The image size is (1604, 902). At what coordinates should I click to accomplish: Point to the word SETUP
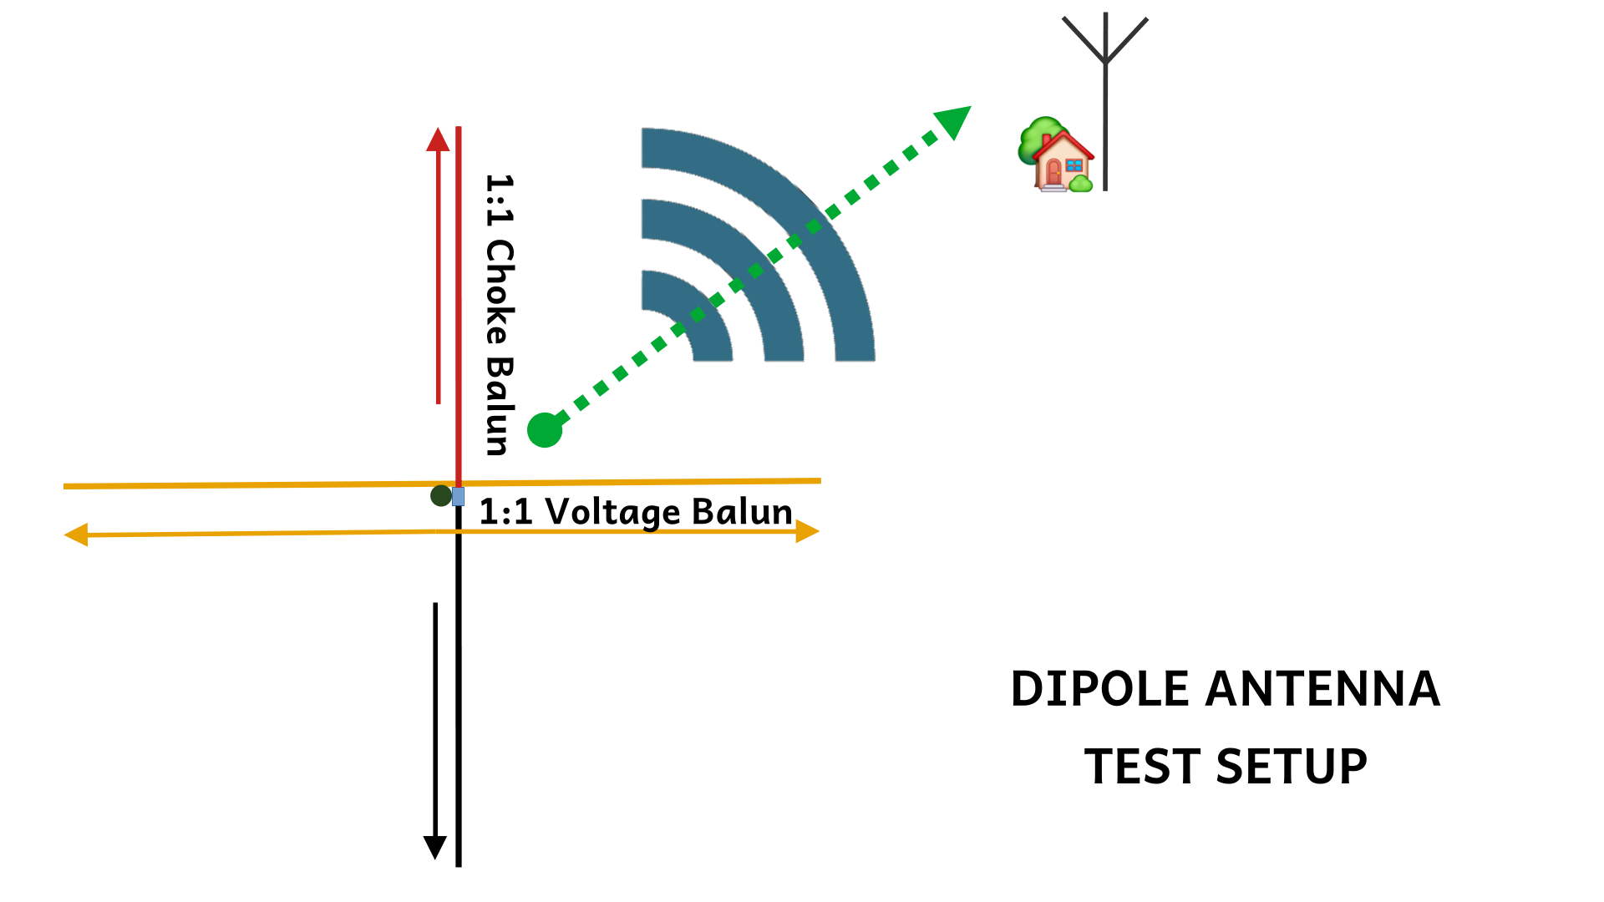coord(1292,767)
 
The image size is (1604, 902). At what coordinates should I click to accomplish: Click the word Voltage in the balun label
coord(612,512)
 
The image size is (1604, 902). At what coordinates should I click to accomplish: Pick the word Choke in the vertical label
coord(500,292)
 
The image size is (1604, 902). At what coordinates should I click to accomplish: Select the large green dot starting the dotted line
coord(545,430)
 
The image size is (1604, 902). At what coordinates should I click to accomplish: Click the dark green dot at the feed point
coord(440,496)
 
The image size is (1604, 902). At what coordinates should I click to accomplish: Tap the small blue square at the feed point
coord(458,497)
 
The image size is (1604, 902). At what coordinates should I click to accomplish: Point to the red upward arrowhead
coord(438,139)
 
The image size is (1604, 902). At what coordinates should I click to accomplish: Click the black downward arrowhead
coord(434,847)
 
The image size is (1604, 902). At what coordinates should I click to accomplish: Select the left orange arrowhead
coord(76,535)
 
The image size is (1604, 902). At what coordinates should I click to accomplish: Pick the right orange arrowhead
coord(807,531)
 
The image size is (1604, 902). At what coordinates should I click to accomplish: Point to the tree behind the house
coord(1036,138)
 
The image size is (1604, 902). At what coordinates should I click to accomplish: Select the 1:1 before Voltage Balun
coord(505,512)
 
